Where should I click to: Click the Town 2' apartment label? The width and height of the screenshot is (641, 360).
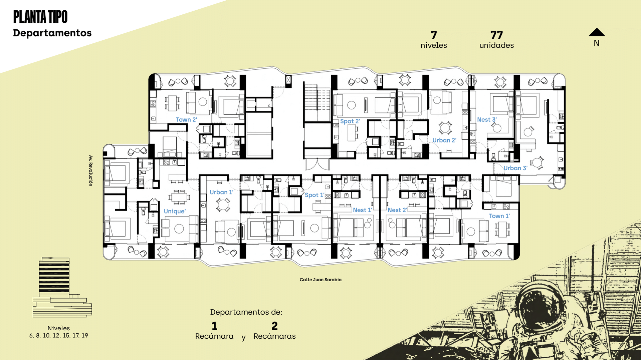click(x=187, y=119)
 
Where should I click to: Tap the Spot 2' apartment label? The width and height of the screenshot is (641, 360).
click(x=350, y=121)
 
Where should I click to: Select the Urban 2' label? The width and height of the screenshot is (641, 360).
click(x=444, y=140)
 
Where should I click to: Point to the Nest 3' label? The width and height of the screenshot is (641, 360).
click(x=487, y=119)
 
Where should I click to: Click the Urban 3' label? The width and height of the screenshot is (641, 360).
click(x=515, y=168)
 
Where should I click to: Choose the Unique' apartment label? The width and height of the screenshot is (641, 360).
click(x=175, y=211)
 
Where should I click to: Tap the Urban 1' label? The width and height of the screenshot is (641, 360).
click(x=221, y=192)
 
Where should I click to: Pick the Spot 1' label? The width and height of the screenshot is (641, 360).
click(x=314, y=195)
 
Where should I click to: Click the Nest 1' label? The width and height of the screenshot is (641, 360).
click(x=363, y=210)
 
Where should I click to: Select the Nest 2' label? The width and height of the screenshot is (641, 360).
click(x=397, y=210)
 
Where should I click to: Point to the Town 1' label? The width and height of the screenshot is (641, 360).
click(x=499, y=216)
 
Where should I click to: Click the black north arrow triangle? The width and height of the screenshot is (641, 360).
click(x=597, y=32)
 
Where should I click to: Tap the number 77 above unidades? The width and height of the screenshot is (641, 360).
click(x=496, y=35)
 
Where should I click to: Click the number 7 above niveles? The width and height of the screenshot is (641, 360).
click(x=434, y=35)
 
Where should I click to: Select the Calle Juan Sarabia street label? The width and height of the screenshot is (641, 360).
click(x=320, y=280)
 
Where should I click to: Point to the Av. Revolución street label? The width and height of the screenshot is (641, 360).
click(x=90, y=170)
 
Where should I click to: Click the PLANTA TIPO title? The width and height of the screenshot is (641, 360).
click(x=40, y=17)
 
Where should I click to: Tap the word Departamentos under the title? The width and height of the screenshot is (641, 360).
click(x=52, y=33)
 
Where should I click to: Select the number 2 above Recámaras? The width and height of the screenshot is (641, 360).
click(x=274, y=326)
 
